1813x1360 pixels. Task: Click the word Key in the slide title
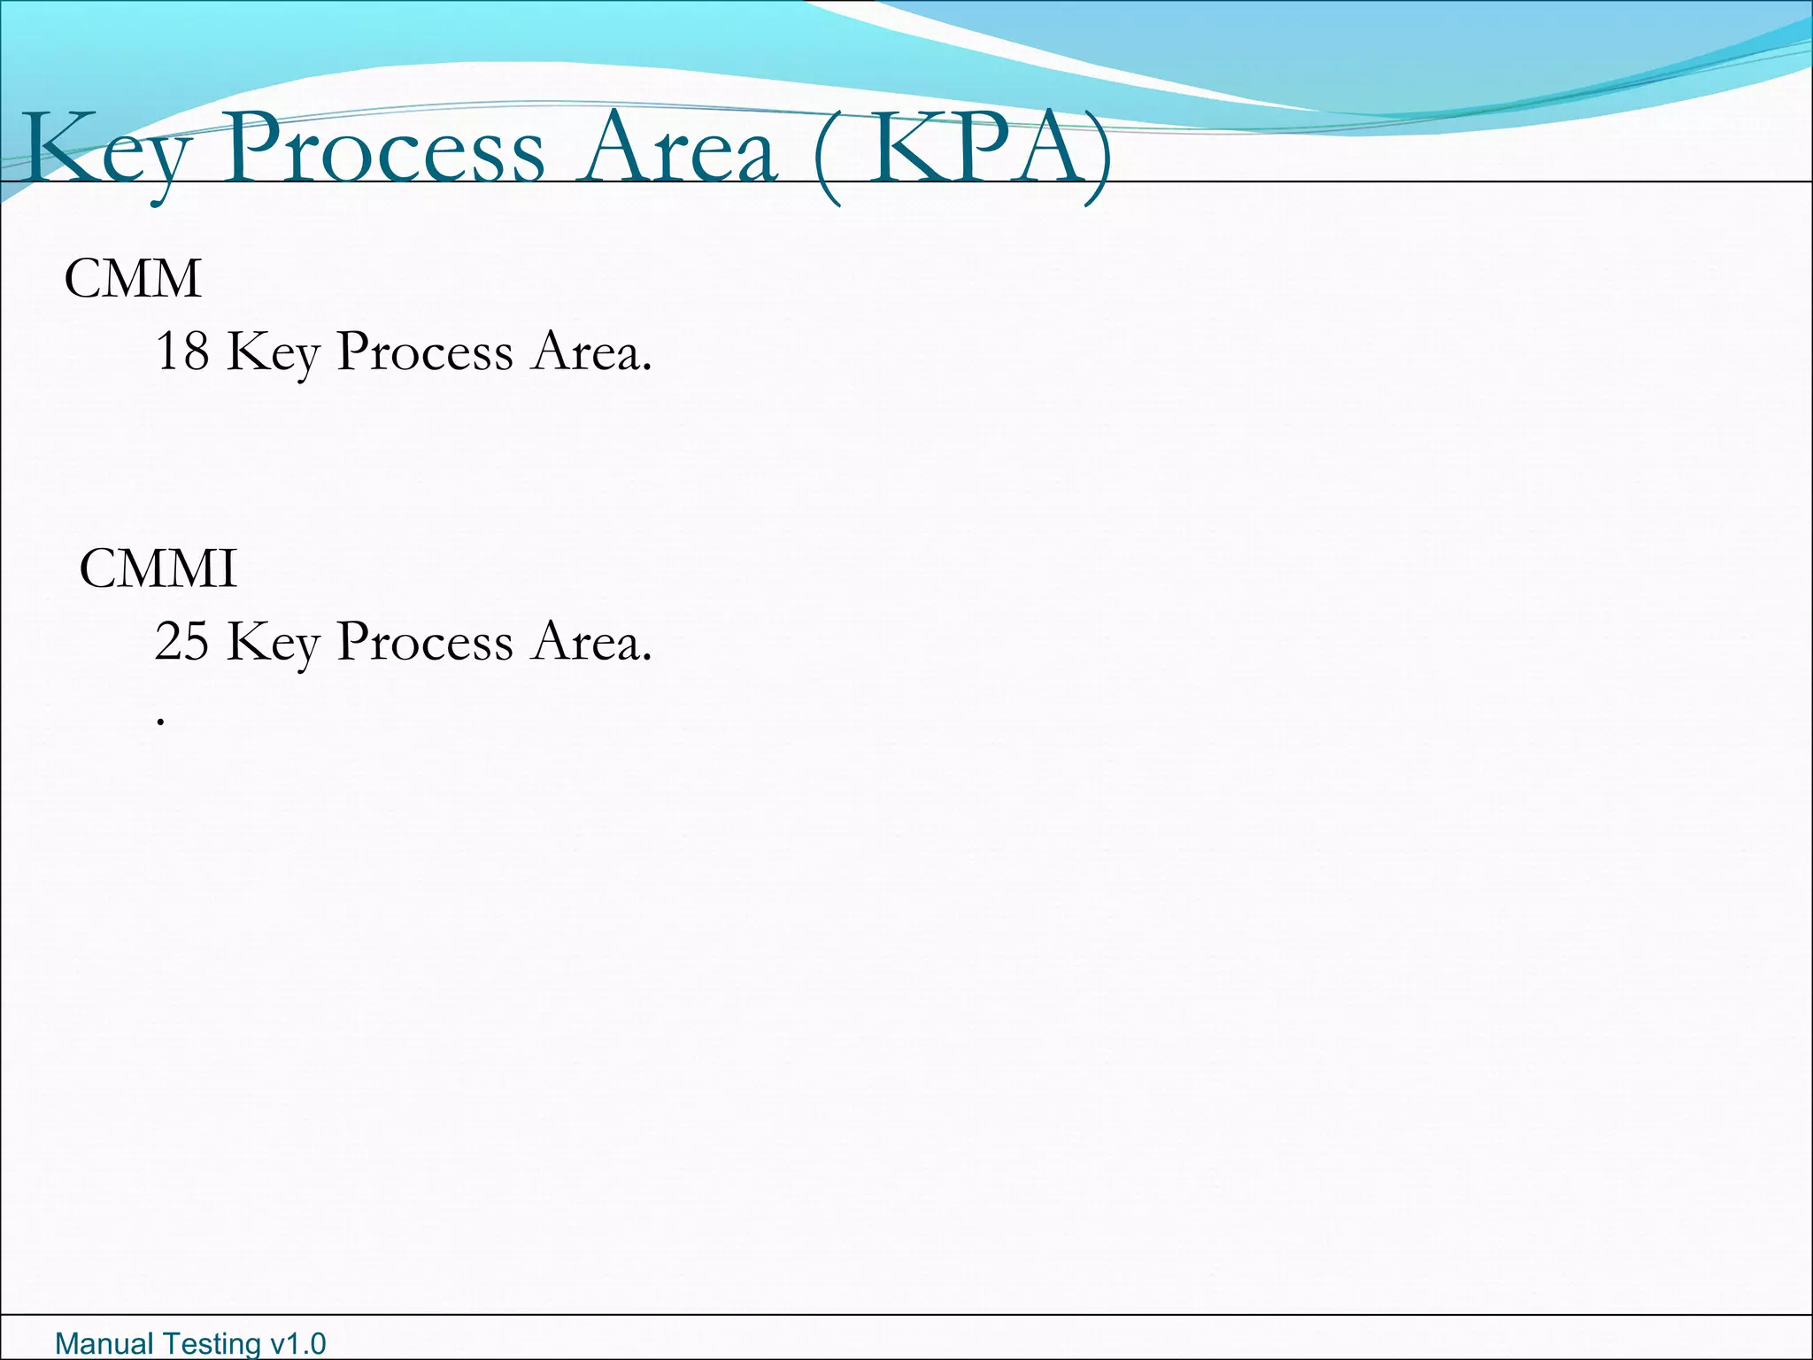coord(106,151)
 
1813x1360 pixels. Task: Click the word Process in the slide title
coord(384,149)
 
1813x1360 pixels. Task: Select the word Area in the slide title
coord(677,149)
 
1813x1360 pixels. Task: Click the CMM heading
coord(133,279)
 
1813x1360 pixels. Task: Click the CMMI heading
coord(158,568)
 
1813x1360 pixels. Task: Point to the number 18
coord(181,351)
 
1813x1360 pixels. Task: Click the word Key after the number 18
coord(273,352)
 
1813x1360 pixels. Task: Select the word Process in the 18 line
coord(425,352)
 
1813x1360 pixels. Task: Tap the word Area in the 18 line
coord(591,352)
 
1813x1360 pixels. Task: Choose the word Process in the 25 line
coord(425,642)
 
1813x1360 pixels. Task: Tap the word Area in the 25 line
coord(591,642)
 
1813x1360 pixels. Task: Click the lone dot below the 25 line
coord(160,722)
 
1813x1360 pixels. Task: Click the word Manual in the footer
coord(104,1343)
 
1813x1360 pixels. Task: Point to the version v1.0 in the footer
coord(298,1343)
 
